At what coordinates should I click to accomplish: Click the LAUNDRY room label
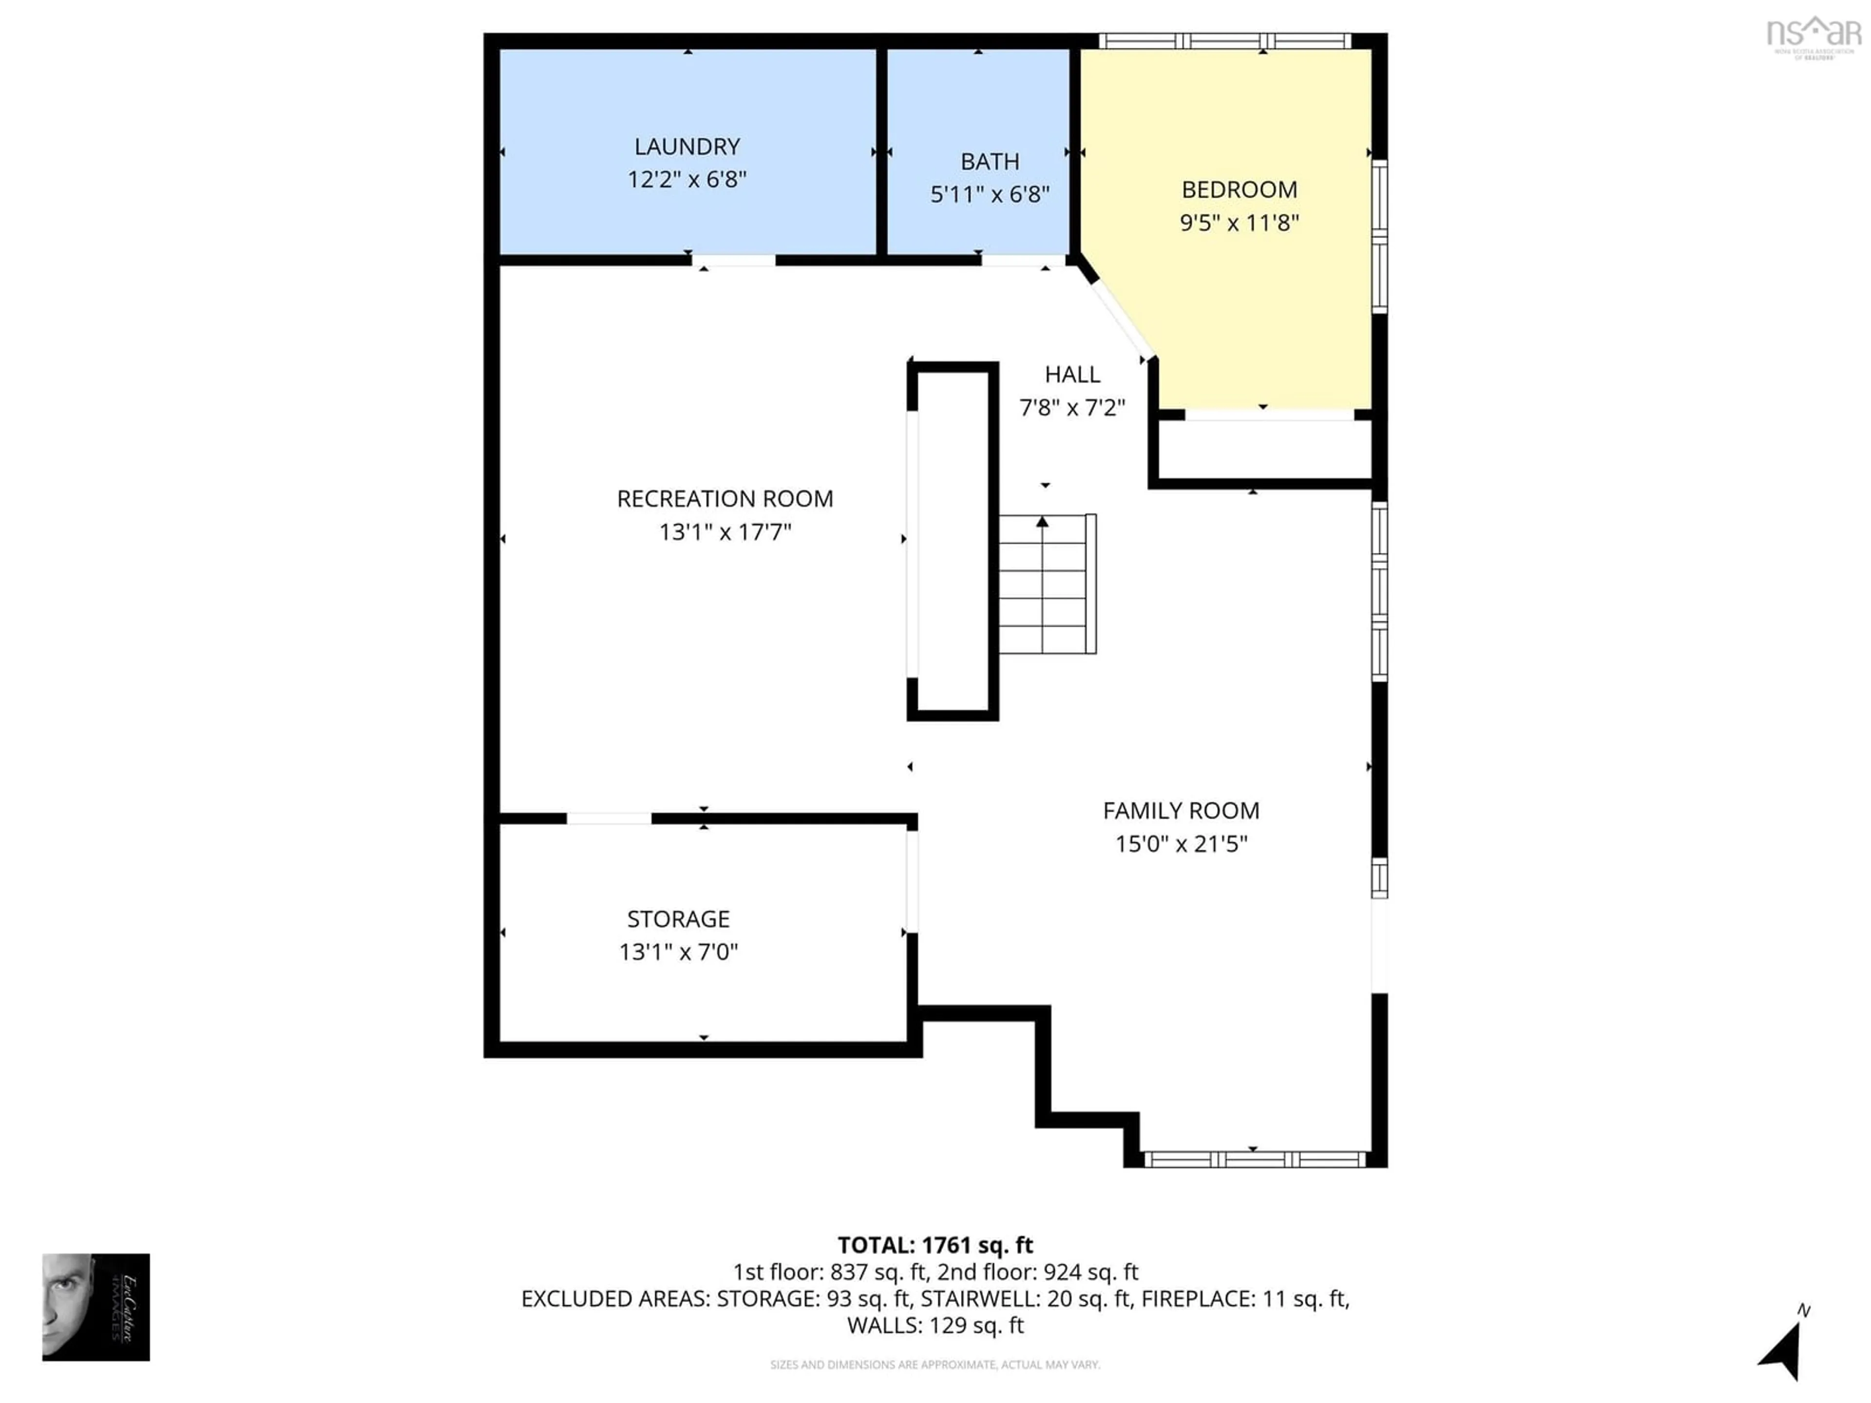(x=687, y=146)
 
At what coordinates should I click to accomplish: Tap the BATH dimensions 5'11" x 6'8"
(x=990, y=194)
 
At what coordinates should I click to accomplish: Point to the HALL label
(x=1071, y=375)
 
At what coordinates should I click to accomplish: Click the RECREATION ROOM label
(x=725, y=499)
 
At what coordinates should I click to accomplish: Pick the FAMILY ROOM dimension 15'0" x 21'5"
(x=1181, y=844)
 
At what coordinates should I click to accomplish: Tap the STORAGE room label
(x=678, y=918)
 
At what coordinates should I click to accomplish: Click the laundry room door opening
(x=733, y=261)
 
